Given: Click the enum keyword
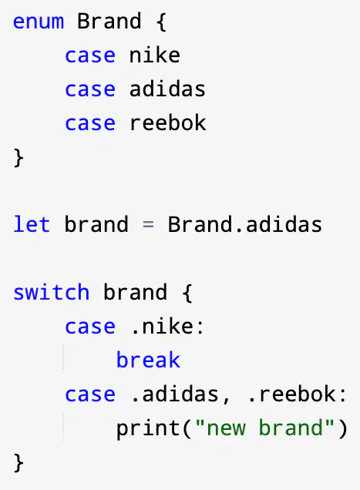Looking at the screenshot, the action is (x=39, y=22).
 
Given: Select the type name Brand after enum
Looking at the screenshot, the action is (x=109, y=22).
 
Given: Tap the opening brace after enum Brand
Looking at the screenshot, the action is (x=161, y=22).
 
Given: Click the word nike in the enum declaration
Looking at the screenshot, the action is (x=154, y=55).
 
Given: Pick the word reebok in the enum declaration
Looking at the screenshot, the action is (x=167, y=123).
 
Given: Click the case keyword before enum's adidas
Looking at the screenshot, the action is (x=90, y=89).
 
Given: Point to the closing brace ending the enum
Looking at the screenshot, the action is (x=19, y=158).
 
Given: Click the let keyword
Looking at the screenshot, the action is (x=32, y=224).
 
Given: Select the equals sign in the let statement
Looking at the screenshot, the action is (x=148, y=224).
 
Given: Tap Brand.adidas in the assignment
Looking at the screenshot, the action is (x=245, y=224).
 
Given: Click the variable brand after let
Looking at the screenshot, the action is (x=96, y=224).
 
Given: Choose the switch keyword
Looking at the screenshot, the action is (x=52, y=292).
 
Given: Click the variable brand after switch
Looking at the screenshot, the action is (x=135, y=292).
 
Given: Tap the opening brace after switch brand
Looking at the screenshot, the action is (x=187, y=293).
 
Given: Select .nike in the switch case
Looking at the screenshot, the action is (x=167, y=327).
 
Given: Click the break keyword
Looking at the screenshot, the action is (x=148, y=360).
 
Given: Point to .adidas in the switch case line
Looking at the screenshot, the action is (x=175, y=394).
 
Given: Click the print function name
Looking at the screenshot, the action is (x=148, y=428).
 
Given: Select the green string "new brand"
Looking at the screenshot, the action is (x=264, y=428).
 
